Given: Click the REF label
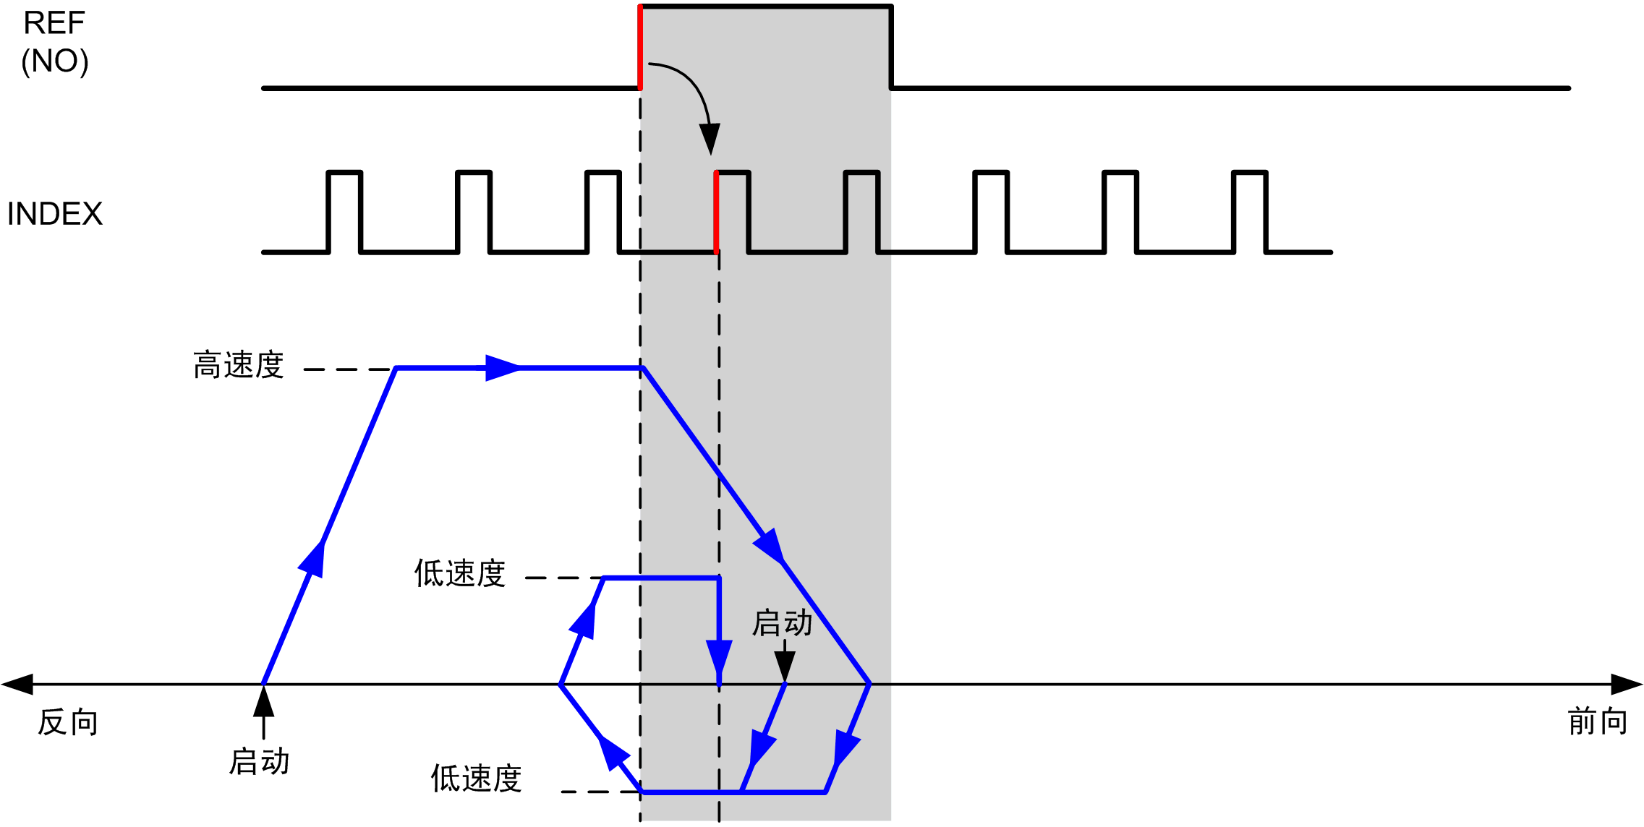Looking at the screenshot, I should click(54, 23).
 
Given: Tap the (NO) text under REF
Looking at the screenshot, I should click(55, 61).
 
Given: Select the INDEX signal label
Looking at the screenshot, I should click(55, 214).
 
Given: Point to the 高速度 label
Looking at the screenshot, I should click(239, 365).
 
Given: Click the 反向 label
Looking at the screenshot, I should click(68, 722).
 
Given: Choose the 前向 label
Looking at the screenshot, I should click(1597, 721).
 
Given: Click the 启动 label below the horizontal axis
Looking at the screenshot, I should click(260, 762).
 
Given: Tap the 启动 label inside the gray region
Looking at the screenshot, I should click(783, 623).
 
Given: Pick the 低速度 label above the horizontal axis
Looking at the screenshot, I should click(460, 573).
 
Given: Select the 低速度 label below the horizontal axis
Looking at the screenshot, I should click(477, 779).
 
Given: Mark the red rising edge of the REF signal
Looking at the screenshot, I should click(640, 47).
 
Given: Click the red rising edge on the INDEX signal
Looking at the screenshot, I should click(716, 212).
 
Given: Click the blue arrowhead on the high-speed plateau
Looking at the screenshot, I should click(503, 368).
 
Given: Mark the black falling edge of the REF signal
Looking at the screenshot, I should click(891, 47).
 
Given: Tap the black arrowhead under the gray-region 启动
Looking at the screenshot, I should click(785, 666).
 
